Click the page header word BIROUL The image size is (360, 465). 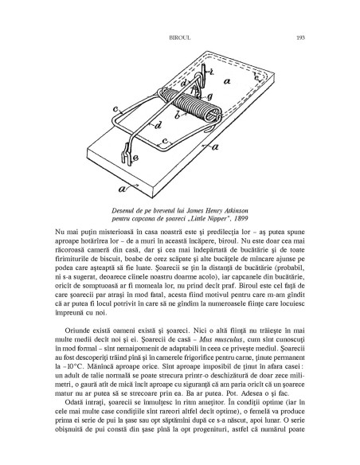click(180, 37)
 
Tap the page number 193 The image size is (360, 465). click(301, 37)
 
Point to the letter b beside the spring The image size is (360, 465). click(178, 115)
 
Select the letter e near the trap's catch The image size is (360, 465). click(135, 158)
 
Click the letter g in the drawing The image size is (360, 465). click(209, 96)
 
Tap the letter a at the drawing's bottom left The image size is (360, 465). click(122, 189)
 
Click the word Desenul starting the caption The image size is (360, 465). click(123, 211)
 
